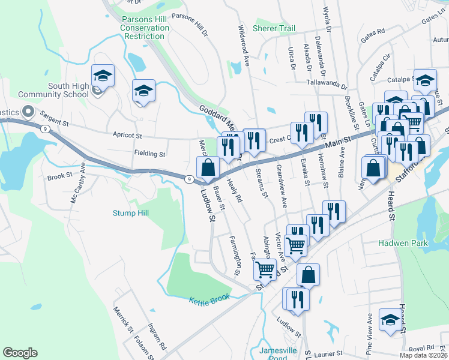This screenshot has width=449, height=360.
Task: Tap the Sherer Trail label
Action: [274, 28]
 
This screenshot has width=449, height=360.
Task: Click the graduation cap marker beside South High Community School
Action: [103, 77]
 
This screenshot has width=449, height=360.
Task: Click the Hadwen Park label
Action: [402, 243]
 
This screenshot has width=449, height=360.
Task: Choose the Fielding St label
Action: [149, 154]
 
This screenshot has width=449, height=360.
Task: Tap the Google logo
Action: [20, 353]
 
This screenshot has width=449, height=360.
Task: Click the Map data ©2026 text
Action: [423, 355]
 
